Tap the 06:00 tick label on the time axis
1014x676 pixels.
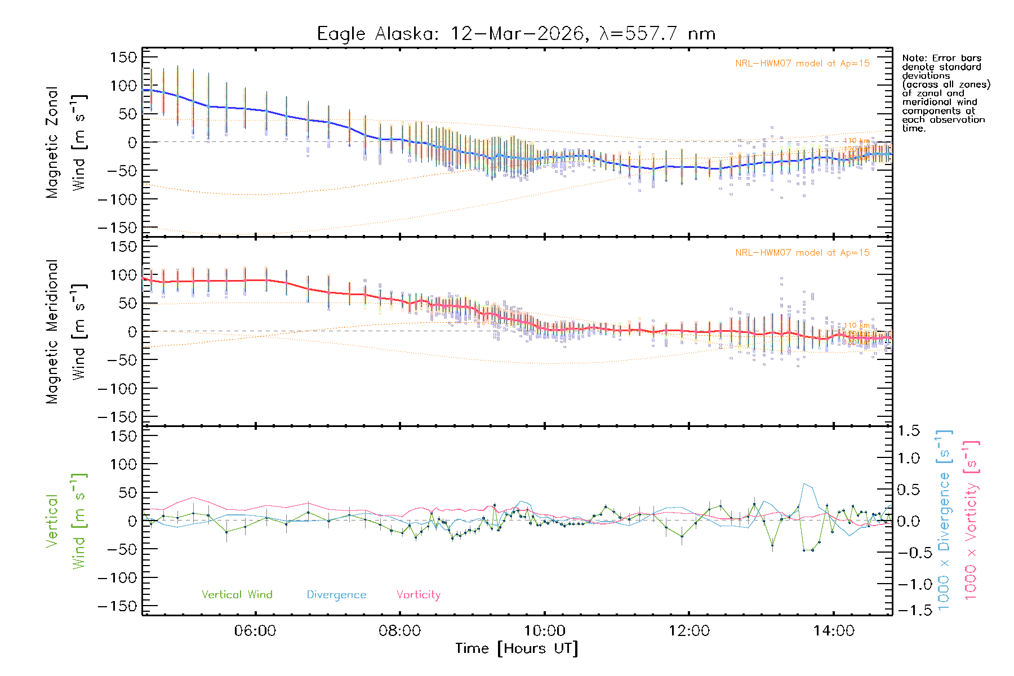pyautogui.click(x=255, y=631)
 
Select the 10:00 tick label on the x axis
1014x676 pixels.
pyautogui.click(x=545, y=631)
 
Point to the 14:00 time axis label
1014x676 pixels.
pyautogui.click(x=834, y=631)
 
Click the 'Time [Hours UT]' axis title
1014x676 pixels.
pyautogui.click(x=517, y=648)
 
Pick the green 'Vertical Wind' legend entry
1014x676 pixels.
pyautogui.click(x=237, y=595)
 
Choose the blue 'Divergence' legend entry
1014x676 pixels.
pyautogui.click(x=336, y=595)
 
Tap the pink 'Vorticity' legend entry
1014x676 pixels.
pyautogui.click(x=418, y=595)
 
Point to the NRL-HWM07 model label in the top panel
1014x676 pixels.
pyautogui.click(x=802, y=64)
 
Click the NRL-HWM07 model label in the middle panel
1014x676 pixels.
pyautogui.click(x=802, y=253)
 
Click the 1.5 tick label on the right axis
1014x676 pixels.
pyautogui.click(x=909, y=431)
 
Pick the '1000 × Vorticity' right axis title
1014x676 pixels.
pyautogui.click(x=971, y=521)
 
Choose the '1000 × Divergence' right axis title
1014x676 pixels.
pyautogui.click(x=944, y=521)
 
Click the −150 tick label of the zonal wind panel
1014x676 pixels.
pyautogui.click(x=117, y=228)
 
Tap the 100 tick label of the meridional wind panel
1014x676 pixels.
pyautogui.click(x=124, y=275)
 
